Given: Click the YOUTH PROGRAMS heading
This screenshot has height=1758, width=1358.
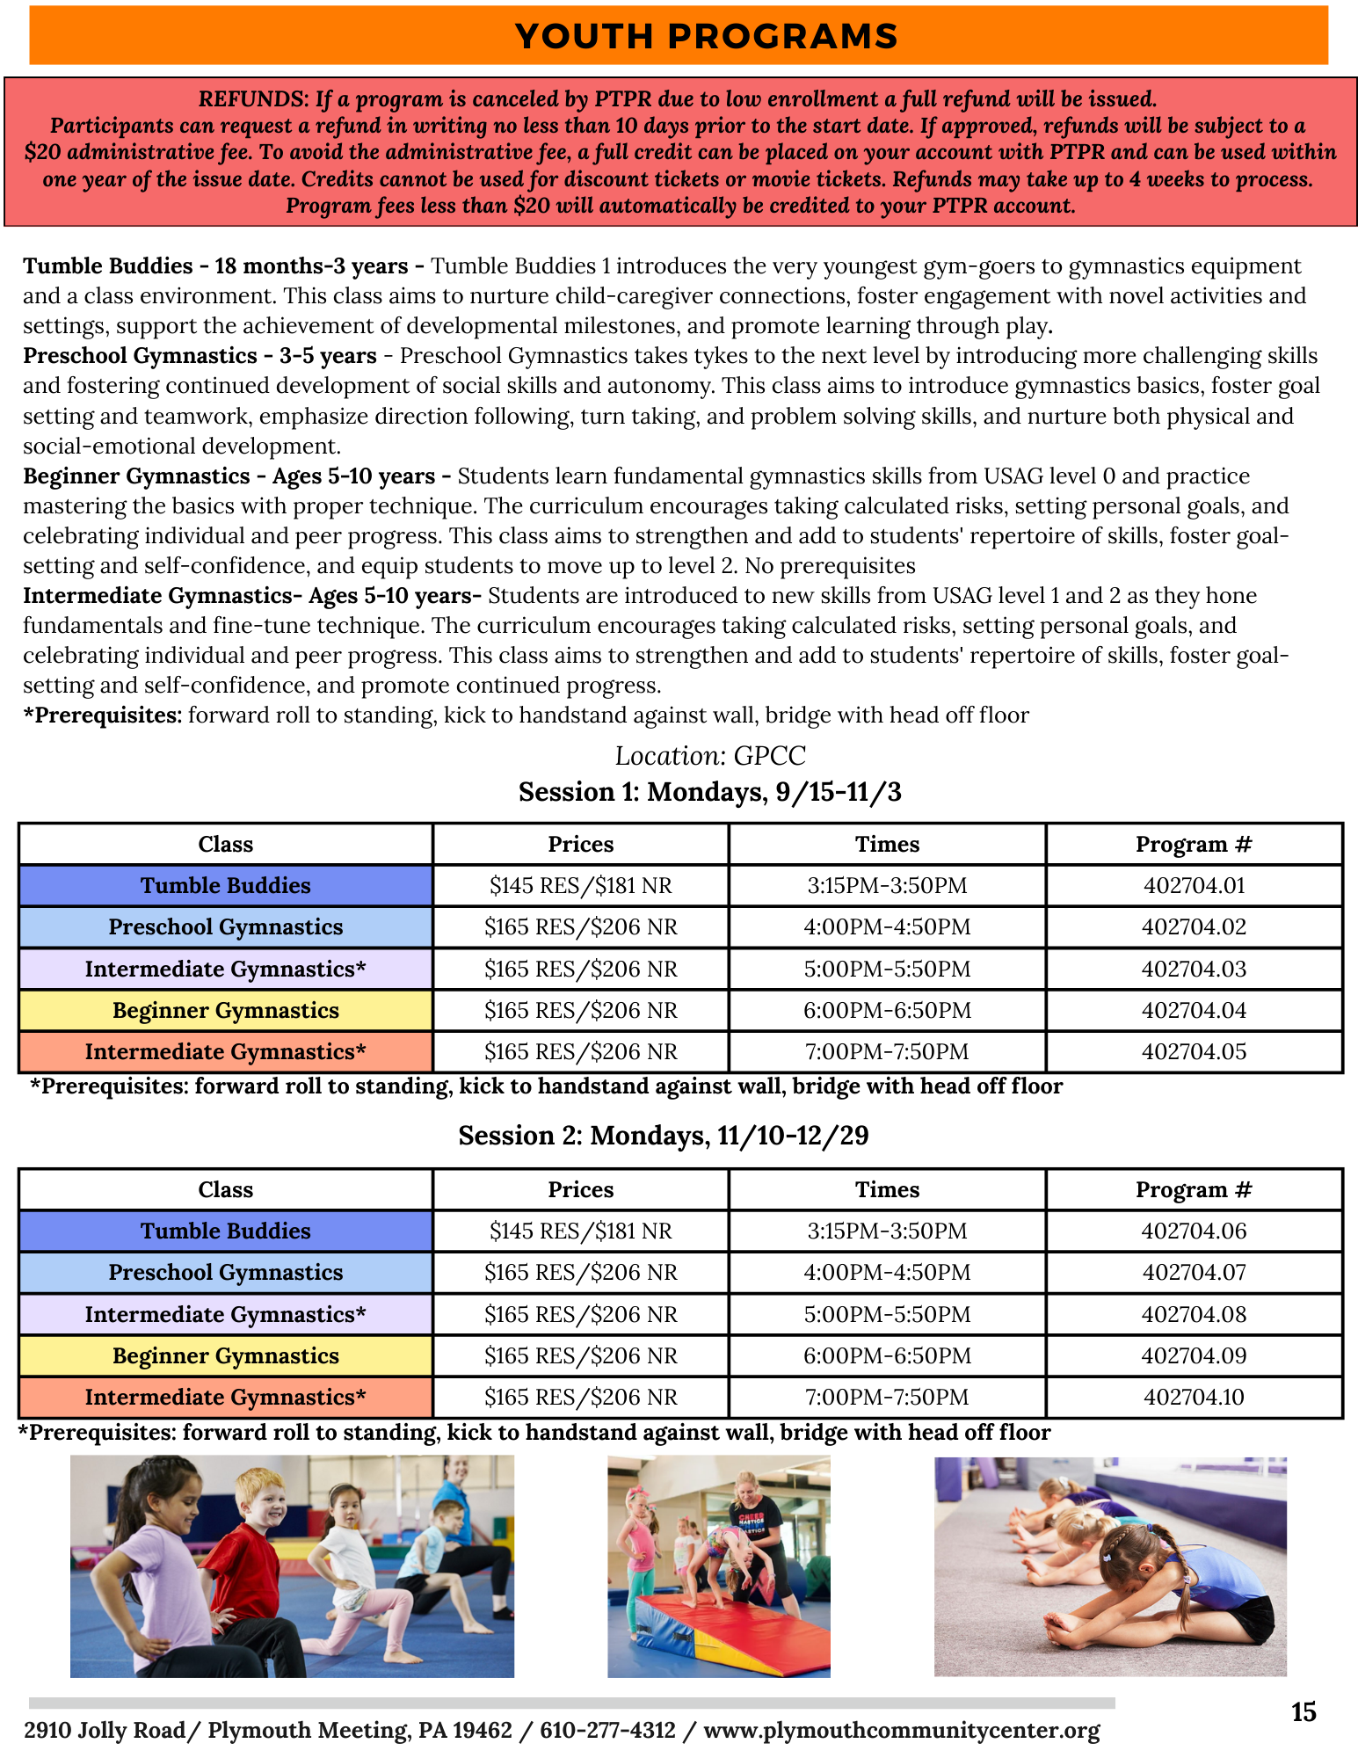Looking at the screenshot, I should (706, 36).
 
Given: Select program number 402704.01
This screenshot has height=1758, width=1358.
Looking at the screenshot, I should (1194, 885).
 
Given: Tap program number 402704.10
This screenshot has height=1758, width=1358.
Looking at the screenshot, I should (1194, 1397).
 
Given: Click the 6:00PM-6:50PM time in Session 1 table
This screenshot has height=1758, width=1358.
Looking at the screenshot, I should (887, 1010).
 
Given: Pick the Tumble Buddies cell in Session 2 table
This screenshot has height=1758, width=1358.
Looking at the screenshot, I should (226, 1231).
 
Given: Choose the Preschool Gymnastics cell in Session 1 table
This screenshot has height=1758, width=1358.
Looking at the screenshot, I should (226, 926).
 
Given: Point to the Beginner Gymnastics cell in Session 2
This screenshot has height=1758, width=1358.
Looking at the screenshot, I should (226, 1355).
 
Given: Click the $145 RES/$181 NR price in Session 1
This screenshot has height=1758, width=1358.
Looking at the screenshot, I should (580, 885).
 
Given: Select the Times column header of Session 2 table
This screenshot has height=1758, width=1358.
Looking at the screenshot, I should (887, 1189).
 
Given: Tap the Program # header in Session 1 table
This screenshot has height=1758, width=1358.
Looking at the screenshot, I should (1194, 844).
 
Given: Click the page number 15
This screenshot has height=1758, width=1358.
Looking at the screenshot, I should (1304, 1711).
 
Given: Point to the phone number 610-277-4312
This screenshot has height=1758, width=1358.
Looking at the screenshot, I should (607, 1730).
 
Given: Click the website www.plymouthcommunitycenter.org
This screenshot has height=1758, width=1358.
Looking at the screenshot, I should (902, 1730).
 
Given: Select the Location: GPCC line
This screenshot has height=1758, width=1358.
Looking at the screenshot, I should (709, 755).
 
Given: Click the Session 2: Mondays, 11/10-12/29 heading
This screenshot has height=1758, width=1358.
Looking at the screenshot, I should (664, 1135).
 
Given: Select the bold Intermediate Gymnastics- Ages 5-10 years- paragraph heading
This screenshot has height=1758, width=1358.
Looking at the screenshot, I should (252, 595).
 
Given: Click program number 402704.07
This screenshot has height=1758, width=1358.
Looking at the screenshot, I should (1194, 1272).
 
